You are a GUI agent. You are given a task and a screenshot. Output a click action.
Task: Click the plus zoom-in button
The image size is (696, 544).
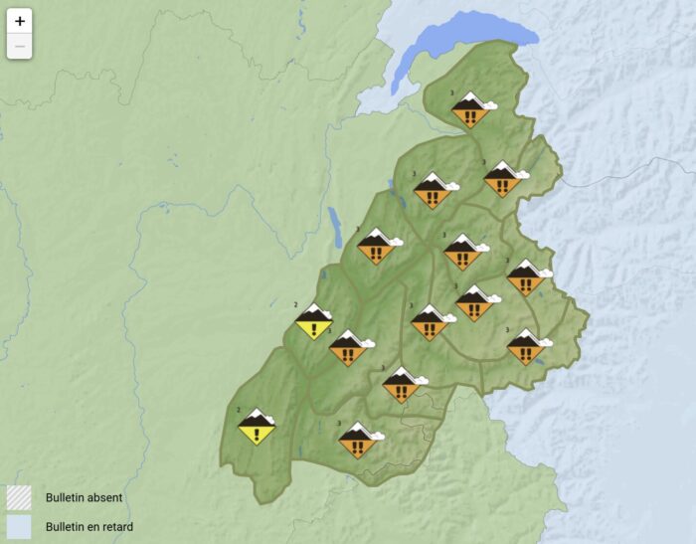[x=20, y=21]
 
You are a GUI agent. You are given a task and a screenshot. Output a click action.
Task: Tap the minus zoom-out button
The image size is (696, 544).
[x=20, y=46]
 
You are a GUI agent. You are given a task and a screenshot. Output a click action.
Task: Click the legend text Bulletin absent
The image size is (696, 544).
[x=84, y=496]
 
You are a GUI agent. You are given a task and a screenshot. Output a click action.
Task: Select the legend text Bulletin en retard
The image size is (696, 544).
[x=89, y=526]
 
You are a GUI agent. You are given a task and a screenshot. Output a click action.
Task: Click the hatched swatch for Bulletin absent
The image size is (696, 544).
[x=19, y=496]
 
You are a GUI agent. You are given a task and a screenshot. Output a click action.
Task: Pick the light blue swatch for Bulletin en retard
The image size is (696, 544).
[x=19, y=526]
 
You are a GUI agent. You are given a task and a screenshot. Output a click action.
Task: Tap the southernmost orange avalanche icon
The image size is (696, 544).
[x=357, y=441]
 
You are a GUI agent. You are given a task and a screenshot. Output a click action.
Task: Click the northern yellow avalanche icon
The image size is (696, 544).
[x=314, y=321]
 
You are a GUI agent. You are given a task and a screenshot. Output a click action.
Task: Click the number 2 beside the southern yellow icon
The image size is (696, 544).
[x=240, y=410]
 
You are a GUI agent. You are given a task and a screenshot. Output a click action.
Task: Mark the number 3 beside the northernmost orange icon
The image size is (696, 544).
[x=453, y=92]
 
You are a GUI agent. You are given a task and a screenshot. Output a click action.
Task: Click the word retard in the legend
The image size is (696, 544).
[x=114, y=526]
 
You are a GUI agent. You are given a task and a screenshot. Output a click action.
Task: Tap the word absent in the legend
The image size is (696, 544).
[x=102, y=496]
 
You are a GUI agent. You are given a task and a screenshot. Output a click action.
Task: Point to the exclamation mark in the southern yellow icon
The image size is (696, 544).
[x=257, y=432]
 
